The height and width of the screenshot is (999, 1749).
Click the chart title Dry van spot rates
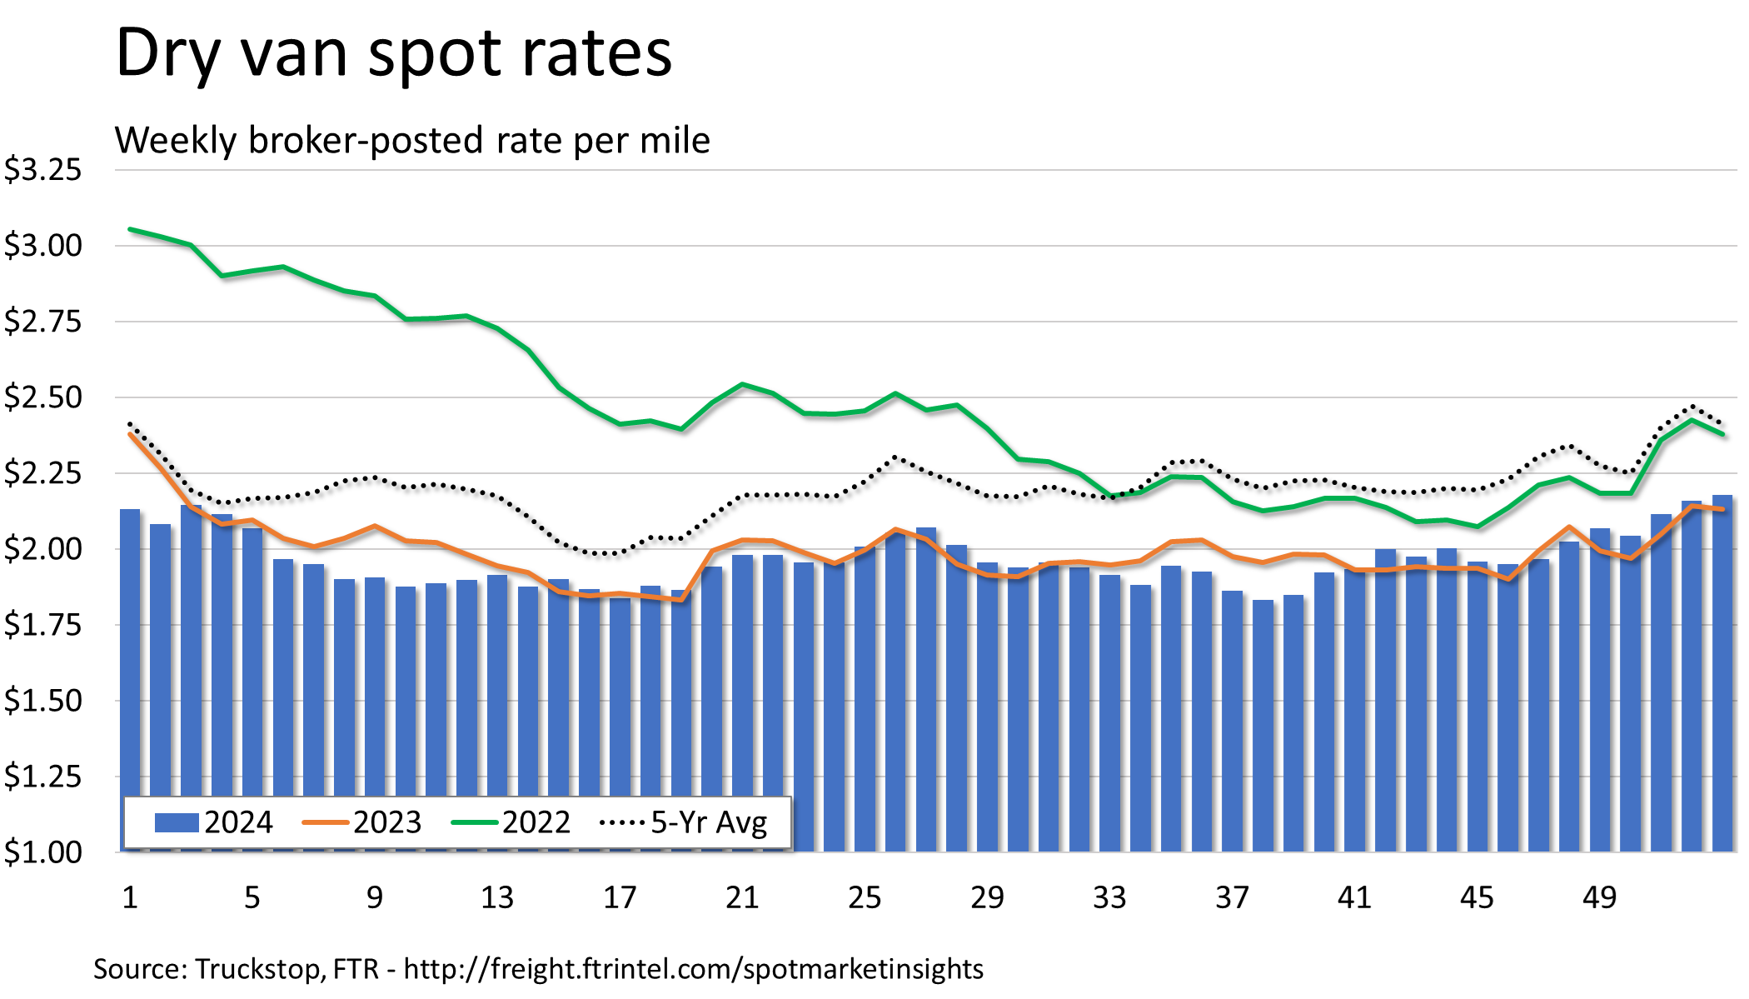click(x=393, y=53)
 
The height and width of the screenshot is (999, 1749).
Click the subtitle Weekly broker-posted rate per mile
click(x=412, y=140)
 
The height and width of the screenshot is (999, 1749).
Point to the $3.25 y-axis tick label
click(x=43, y=170)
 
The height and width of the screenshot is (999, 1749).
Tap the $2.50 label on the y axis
click(x=43, y=397)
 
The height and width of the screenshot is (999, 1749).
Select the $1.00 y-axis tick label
click(x=43, y=852)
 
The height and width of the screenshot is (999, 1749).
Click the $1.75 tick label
click(x=43, y=625)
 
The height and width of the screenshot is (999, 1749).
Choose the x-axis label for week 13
click(x=497, y=898)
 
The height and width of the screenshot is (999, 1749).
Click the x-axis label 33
click(x=1109, y=898)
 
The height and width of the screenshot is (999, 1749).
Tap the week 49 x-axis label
click(x=1599, y=898)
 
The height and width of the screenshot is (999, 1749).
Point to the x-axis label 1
click(x=130, y=898)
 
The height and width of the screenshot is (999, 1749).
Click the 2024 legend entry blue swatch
click(x=177, y=823)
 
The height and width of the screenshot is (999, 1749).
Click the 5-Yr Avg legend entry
click(x=683, y=823)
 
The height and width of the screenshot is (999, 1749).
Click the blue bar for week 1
click(x=130, y=667)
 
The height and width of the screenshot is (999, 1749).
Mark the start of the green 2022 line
click(x=130, y=228)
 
